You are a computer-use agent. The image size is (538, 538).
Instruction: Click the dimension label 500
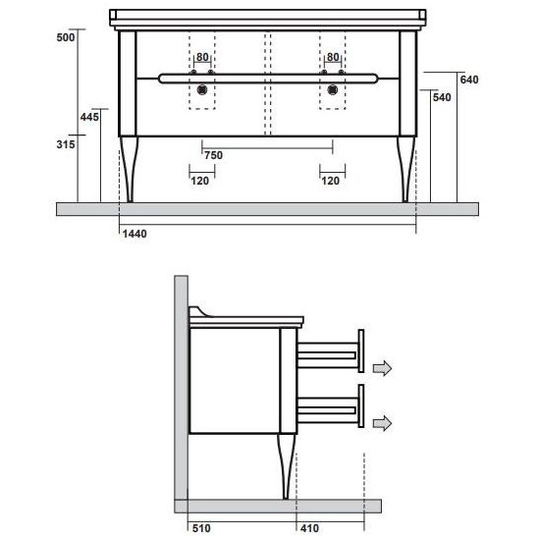[x=65, y=36]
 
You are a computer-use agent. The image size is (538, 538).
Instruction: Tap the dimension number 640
[x=468, y=80]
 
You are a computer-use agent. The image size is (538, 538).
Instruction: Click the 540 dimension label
[x=443, y=98]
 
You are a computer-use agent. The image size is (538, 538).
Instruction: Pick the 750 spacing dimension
[x=213, y=155]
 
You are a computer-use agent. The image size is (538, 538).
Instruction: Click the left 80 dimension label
[x=202, y=58]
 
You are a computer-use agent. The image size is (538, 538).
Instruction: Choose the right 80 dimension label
[x=333, y=58]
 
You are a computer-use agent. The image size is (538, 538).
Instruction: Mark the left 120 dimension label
[x=201, y=182]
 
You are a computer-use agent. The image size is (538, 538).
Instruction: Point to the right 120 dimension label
[x=331, y=182]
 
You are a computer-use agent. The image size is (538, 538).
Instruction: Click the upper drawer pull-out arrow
[x=381, y=367]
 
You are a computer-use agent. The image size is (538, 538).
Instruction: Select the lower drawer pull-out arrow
[x=381, y=422]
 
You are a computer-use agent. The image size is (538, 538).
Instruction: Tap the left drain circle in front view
[x=202, y=89]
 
